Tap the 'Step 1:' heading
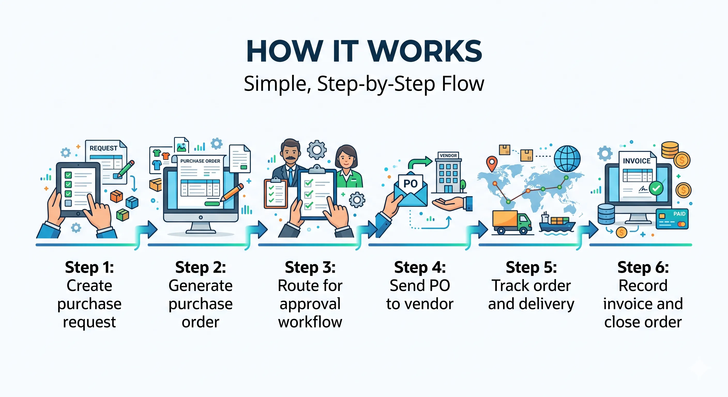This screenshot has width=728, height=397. pyautogui.click(x=89, y=267)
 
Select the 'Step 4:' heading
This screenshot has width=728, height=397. pyautogui.click(x=420, y=267)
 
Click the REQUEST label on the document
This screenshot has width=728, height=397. pyautogui.click(x=103, y=148)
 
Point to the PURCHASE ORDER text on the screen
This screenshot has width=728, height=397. pyautogui.click(x=200, y=161)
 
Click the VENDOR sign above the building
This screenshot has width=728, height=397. pyautogui.click(x=448, y=155)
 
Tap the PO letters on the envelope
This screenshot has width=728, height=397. pyautogui.click(x=410, y=184)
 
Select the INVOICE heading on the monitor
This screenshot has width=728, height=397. pyautogui.click(x=636, y=161)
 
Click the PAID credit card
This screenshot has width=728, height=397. pyautogui.click(x=672, y=219)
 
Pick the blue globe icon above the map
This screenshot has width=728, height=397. pyautogui.click(x=567, y=158)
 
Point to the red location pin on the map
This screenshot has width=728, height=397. pyautogui.click(x=492, y=163)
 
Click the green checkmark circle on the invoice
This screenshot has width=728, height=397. pyautogui.click(x=656, y=188)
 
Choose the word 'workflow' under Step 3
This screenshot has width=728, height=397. pyautogui.click(x=310, y=322)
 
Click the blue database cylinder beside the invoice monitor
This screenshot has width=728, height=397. pyautogui.click(x=606, y=214)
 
